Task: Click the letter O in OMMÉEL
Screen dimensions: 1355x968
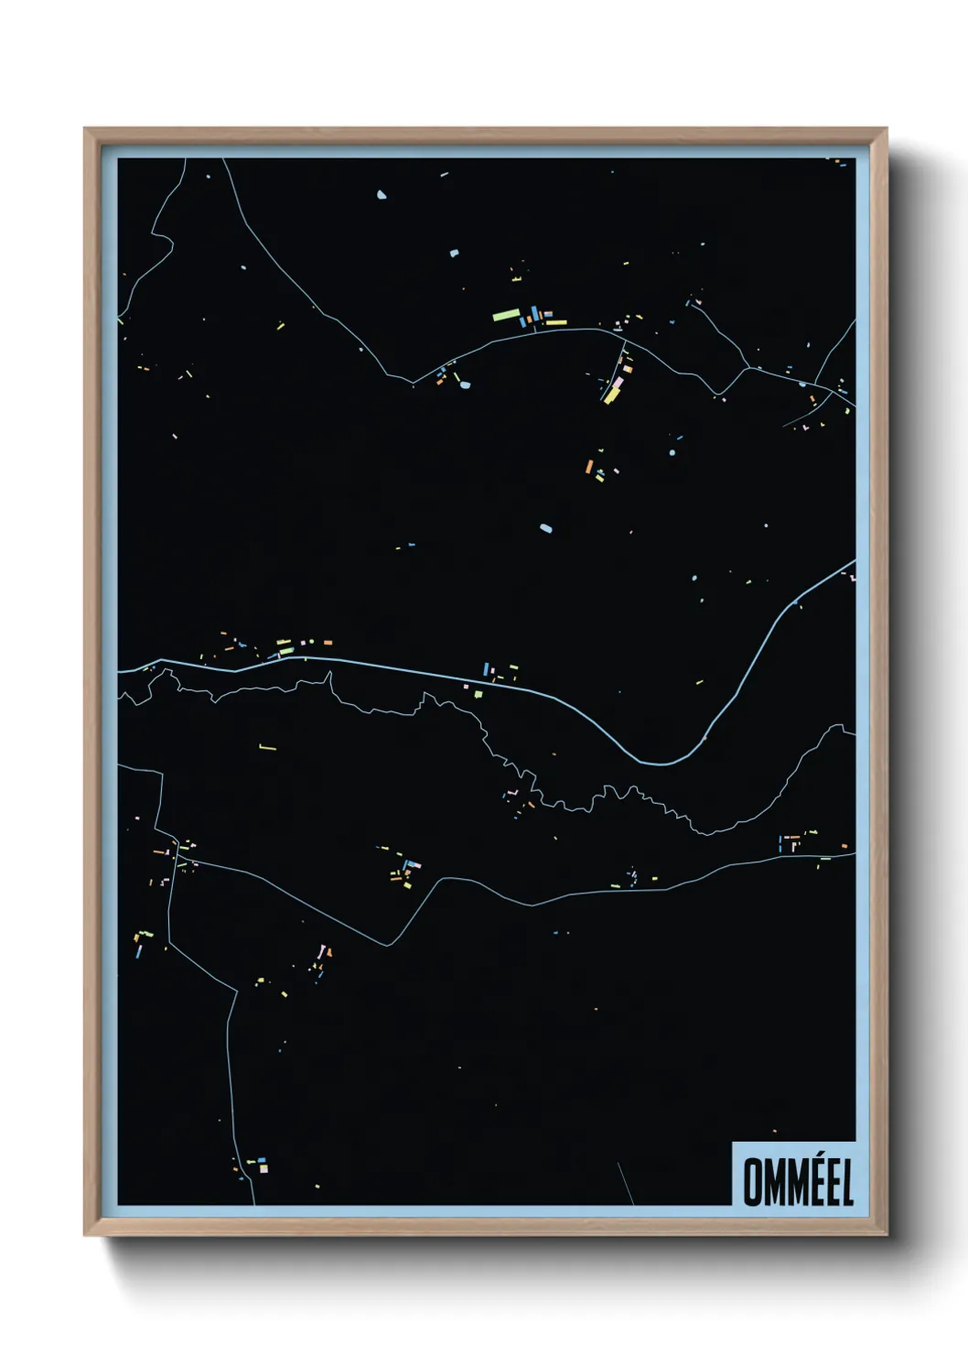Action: [752, 1182]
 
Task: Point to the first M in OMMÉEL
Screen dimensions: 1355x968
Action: [770, 1182]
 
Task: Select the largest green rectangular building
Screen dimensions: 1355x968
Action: [505, 316]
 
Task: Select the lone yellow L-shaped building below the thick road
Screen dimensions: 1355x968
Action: [266, 748]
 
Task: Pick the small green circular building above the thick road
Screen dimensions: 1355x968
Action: [694, 579]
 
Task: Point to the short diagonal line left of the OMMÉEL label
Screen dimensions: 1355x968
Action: [626, 1182]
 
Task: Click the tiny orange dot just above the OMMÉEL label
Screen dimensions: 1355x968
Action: [774, 1132]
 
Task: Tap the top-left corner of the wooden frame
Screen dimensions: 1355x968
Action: [86, 130]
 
